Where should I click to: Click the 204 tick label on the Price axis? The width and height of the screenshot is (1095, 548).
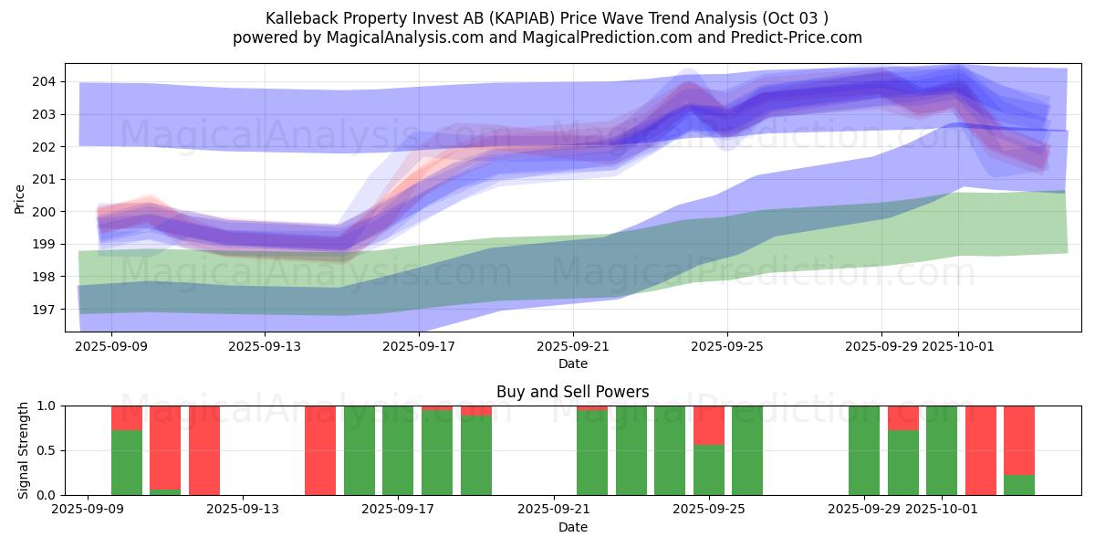pyautogui.click(x=43, y=81)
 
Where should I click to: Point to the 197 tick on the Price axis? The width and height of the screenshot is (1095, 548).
pyautogui.click(x=43, y=309)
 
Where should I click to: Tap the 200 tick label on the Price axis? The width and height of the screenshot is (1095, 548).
pyautogui.click(x=43, y=211)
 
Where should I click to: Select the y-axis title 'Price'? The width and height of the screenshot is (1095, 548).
pyautogui.click(x=20, y=197)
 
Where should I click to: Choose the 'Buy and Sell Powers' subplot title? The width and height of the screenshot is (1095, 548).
pyautogui.click(x=572, y=392)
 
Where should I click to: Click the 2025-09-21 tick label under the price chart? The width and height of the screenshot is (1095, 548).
pyautogui.click(x=572, y=346)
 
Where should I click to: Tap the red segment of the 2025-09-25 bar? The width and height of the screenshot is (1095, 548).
pyautogui.click(x=709, y=425)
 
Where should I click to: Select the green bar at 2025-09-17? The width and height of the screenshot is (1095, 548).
pyautogui.click(x=398, y=450)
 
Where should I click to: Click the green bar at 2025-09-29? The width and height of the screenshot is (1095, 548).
pyautogui.click(x=864, y=450)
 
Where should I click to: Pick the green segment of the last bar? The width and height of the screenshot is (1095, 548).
pyautogui.click(x=1019, y=485)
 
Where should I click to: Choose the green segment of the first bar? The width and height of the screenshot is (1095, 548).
pyautogui.click(x=127, y=462)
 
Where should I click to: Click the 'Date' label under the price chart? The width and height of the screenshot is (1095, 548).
pyautogui.click(x=572, y=364)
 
